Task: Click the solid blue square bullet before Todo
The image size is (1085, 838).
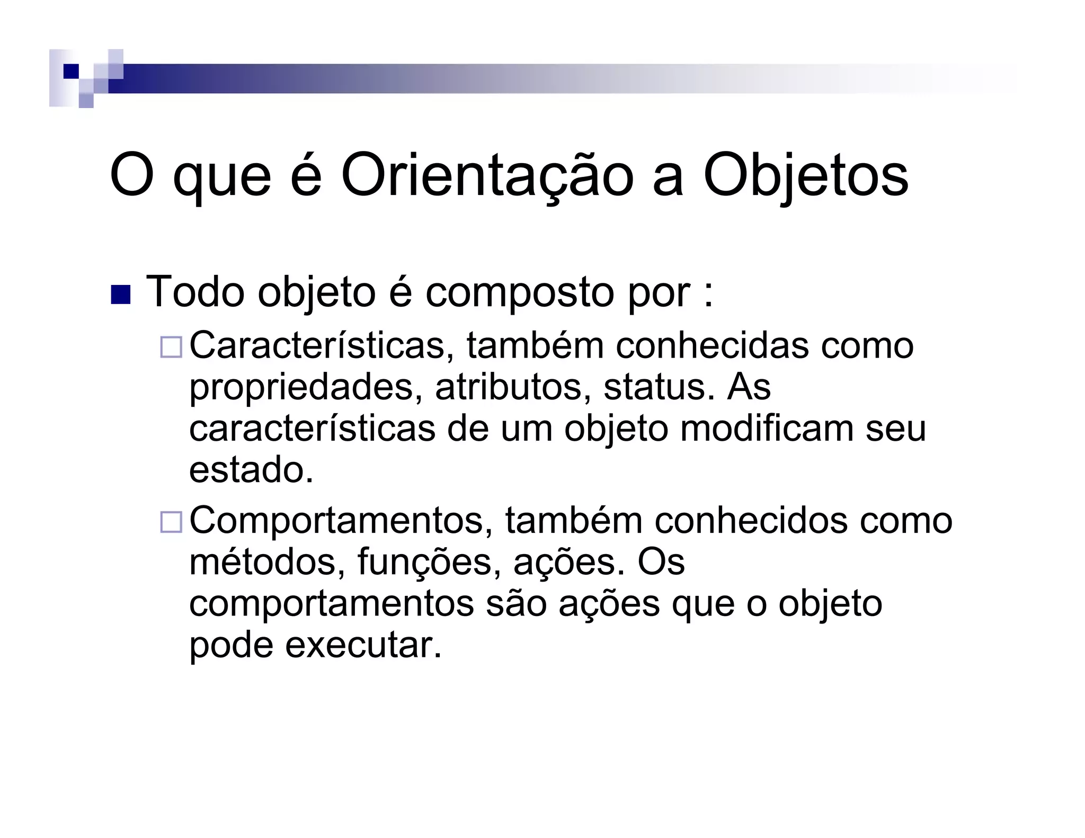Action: point(120,295)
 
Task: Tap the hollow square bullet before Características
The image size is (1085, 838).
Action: point(171,347)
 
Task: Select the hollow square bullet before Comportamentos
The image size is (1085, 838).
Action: point(171,522)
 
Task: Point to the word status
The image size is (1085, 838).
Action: point(655,387)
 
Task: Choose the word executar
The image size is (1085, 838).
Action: point(362,645)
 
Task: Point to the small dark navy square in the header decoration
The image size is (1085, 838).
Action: point(70,71)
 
